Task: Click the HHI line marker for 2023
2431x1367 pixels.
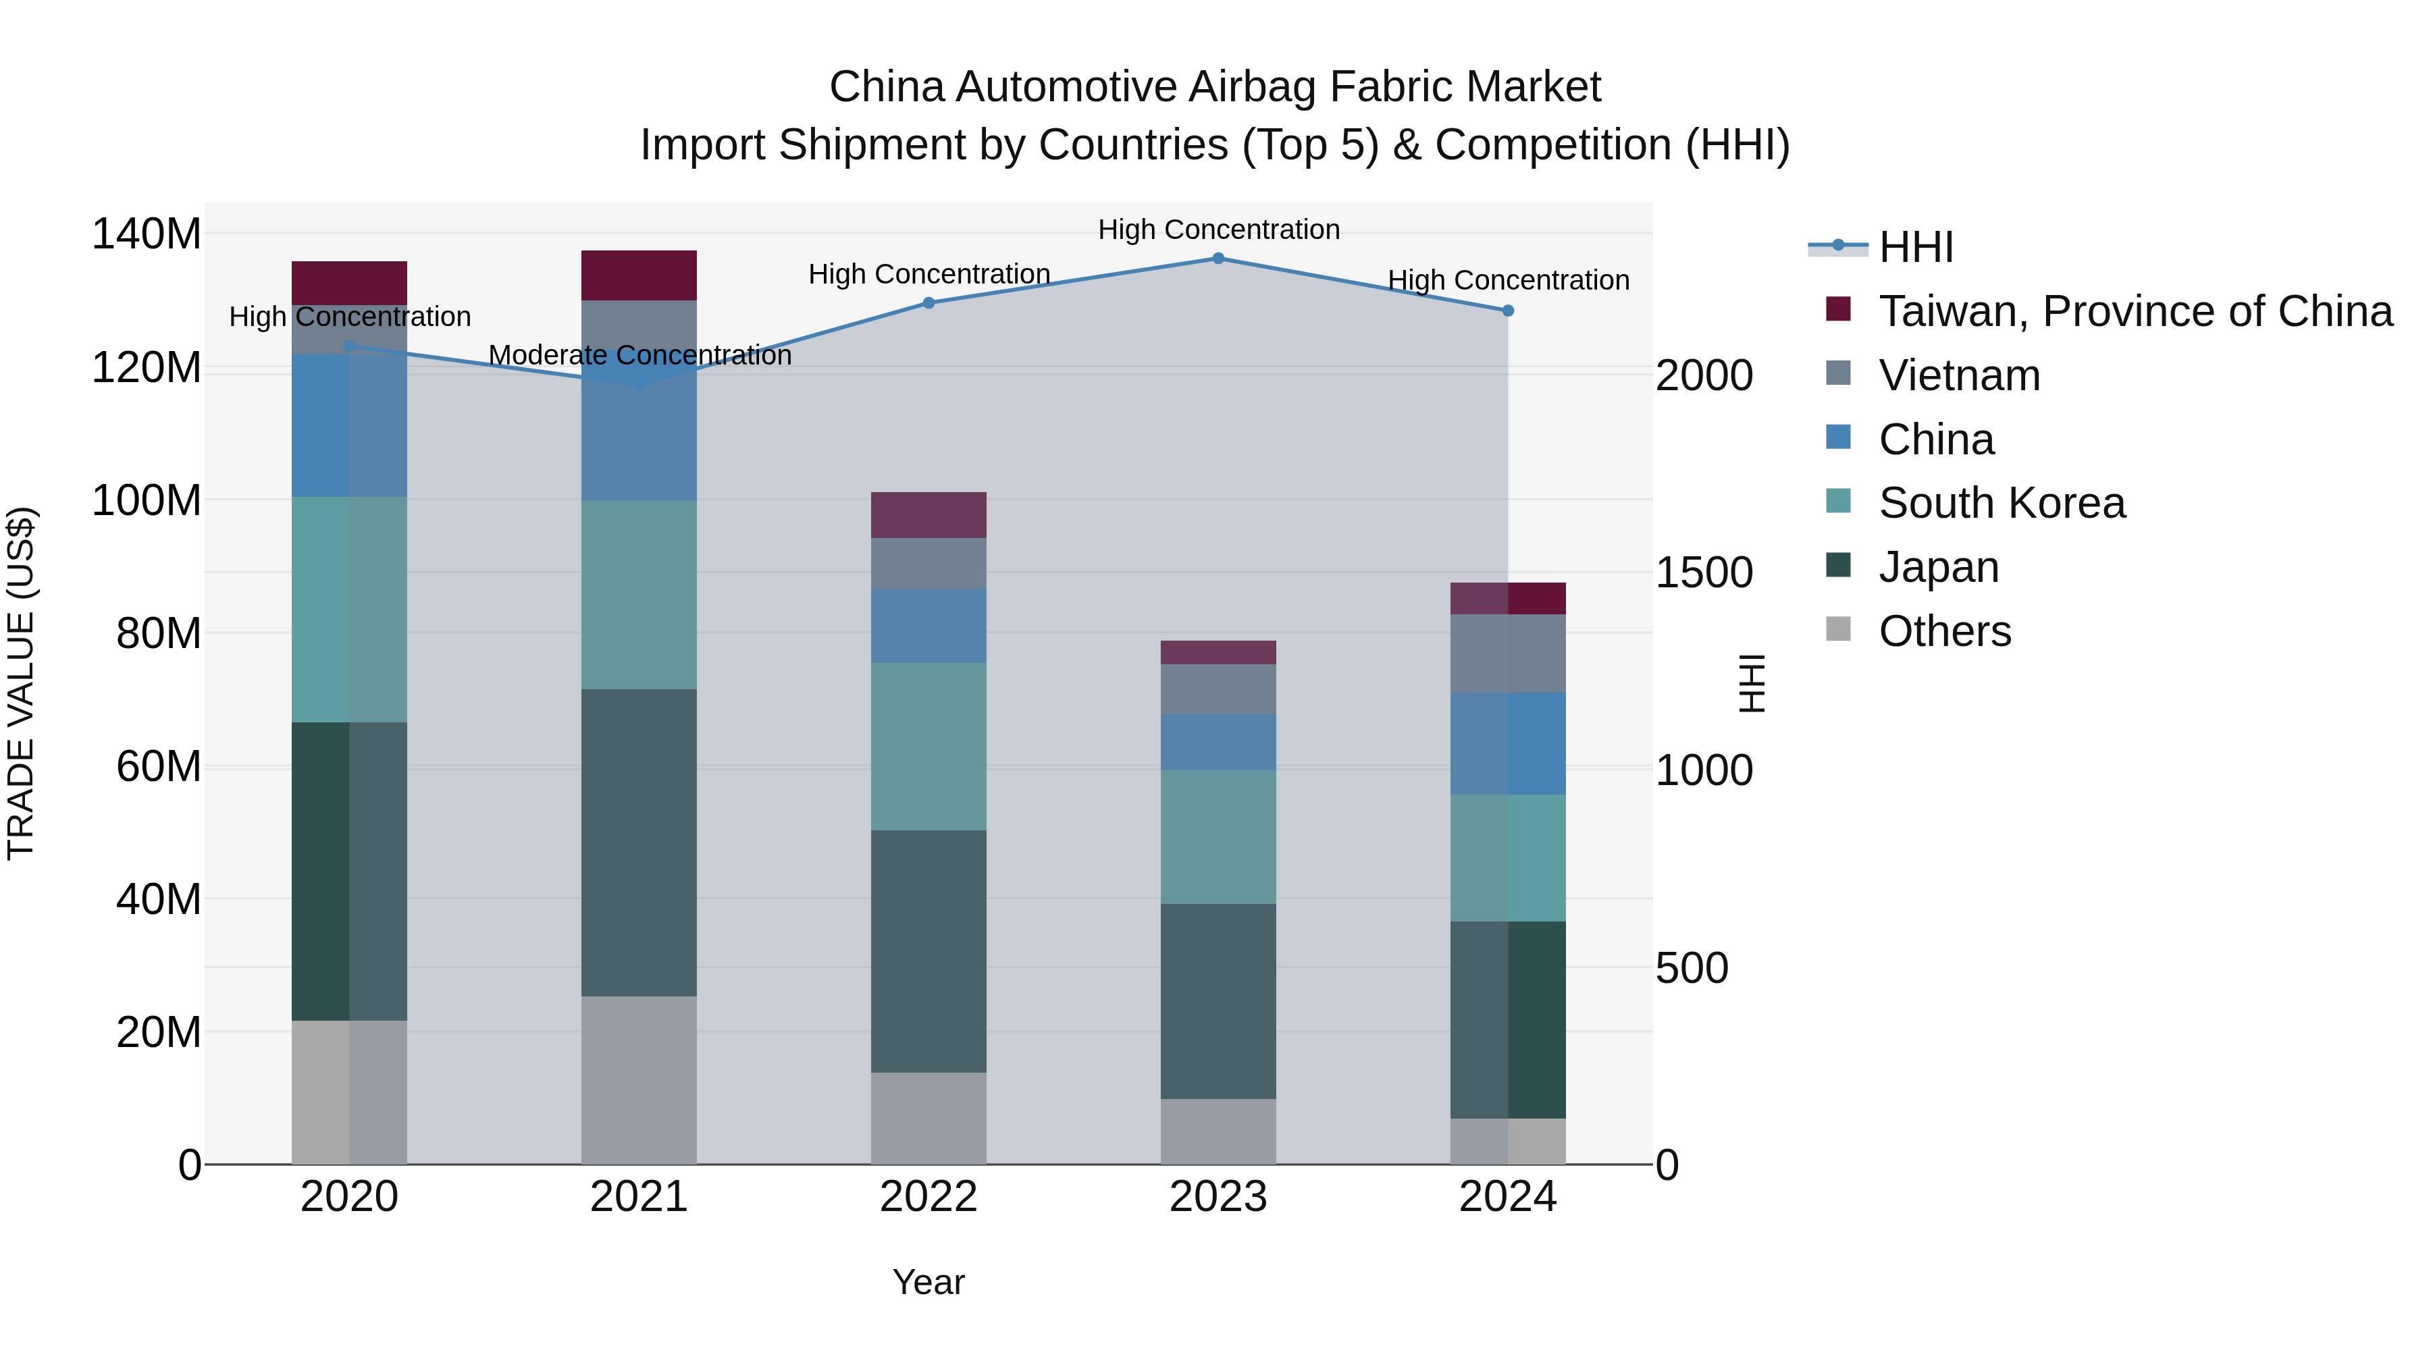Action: click(1218, 259)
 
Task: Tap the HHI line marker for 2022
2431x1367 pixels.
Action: click(929, 303)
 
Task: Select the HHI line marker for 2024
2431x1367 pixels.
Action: click(1507, 311)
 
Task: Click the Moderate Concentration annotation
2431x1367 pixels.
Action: click(640, 356)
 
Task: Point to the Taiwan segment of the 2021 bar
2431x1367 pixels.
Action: click(639, 275)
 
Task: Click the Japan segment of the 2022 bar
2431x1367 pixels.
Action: click(929, 951)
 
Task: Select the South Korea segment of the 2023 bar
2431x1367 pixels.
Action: click(1218, 837)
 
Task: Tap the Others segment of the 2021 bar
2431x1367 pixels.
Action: click(639, 1080)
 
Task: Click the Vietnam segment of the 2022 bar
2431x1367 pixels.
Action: click(929, 563)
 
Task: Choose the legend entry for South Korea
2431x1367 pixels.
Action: click(2001, 503)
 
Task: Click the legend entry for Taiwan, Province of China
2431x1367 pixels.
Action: click(2135, 311)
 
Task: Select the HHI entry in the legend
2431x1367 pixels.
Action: click(1916, 247)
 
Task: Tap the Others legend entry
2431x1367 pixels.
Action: click(1944, 631)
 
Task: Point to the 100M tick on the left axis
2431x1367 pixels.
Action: click(147, 500)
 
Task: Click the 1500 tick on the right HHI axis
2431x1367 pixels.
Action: click(1704, 572)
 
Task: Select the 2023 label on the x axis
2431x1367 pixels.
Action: click(1218, 1197)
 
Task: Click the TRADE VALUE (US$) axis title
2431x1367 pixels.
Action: click(21, 683)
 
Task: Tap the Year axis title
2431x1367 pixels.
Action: click(929, 1282)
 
